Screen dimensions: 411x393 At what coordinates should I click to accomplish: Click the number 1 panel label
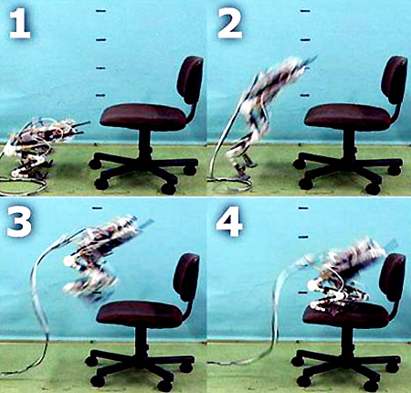click(x=20, y=25)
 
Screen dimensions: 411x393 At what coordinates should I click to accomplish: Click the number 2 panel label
click(x=230, y=25)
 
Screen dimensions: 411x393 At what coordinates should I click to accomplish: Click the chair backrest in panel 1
click(x=190, y=80)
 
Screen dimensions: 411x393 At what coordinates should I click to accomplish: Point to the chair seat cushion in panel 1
click(x=143, y=116)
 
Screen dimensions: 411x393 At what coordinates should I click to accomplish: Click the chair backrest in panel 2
click(x=395, y=80)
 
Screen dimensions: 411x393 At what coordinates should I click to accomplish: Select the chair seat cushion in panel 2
click(x=347, y=116)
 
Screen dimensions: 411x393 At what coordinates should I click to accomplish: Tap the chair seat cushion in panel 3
click(x=140, y=313)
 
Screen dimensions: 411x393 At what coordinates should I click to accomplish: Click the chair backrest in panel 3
click(x=186, y=277)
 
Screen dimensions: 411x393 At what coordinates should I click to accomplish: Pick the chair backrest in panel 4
click(x=392, y=277)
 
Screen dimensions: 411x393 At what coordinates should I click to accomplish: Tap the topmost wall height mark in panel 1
click(x=100, y=11)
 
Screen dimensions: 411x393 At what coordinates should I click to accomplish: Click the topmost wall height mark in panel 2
click(x=305, y=11)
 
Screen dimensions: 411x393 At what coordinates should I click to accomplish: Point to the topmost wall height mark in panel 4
click(x=303, y=208)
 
